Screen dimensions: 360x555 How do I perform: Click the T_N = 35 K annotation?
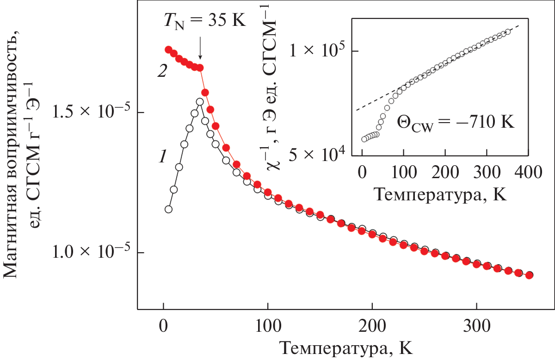point(203,21)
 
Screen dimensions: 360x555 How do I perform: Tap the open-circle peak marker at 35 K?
point(200,102)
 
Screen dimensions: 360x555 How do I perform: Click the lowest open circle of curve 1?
point(168,209)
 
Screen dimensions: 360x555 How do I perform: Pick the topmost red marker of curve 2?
point(168,50)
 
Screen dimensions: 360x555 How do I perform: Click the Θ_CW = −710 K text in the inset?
point(456,124)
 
